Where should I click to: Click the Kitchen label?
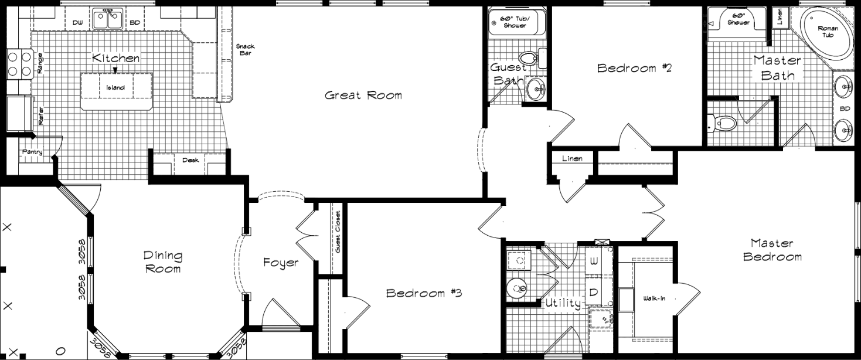(116, 58)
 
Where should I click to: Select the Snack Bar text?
(244, 50)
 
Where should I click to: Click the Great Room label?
(363, 95)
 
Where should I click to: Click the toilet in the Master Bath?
(724, 124)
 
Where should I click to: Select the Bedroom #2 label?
(634, 68)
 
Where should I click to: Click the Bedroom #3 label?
(424, 293)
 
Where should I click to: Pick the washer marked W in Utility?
(593, 261)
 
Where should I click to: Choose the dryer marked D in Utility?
(593, 292)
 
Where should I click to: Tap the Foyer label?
(281, 263)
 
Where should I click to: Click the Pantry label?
(32, 152)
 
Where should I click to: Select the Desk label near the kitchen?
(190, 160)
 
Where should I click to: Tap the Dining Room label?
(163, 262)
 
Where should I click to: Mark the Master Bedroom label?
(772, 250)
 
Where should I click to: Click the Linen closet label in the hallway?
(571, 159)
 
